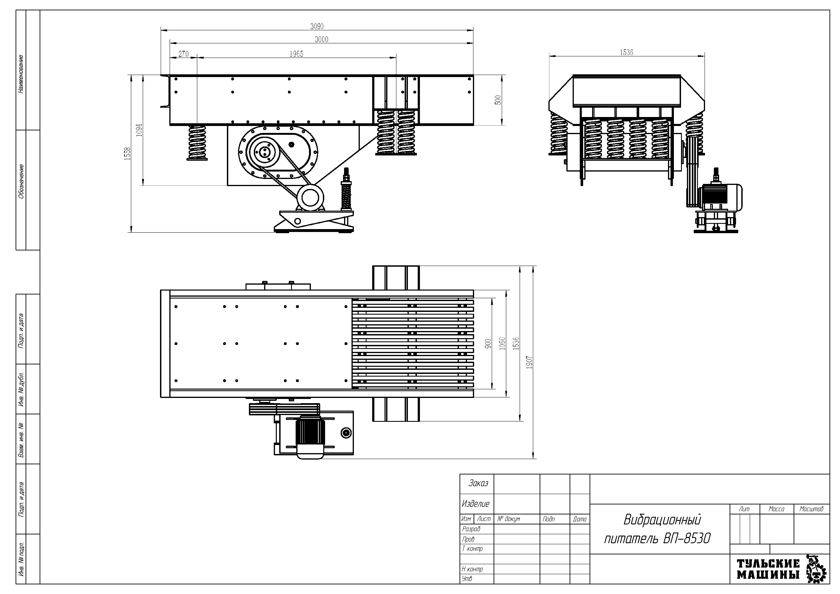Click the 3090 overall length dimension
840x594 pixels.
click(x=317, y=26)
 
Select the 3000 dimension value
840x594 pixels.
click(x=322, y=39)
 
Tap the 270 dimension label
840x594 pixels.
click(x=183, y=54)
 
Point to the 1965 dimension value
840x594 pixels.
click(x=296, y=54)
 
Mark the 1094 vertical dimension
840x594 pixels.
click(x=139, y=130)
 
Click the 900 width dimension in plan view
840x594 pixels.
click(x=488, y=343)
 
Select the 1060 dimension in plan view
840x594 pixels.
click(x=502, y=343)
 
